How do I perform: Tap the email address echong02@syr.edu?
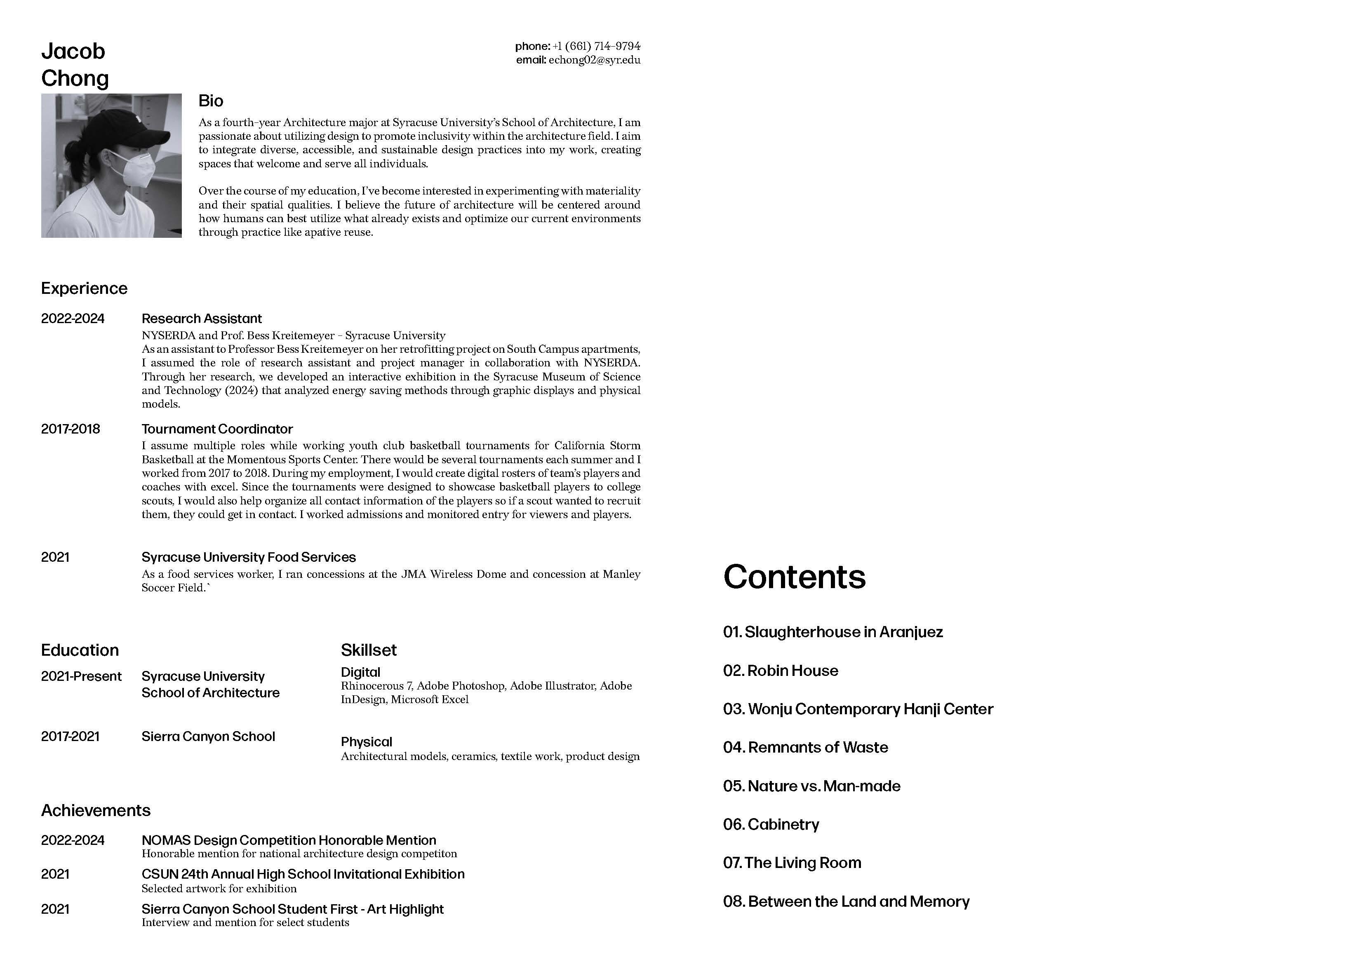pos(594,60)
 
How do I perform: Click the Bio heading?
pos(211,101)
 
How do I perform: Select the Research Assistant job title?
pos(201,319)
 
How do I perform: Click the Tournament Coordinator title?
pos(217,429)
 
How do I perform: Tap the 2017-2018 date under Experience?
pos(70,429)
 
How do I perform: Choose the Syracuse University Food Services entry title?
pos(248,558)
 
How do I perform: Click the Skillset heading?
pos(368,650)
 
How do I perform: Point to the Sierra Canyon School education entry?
pos(208,737)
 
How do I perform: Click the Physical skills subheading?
pos(366,742)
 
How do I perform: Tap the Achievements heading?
pos(96,811)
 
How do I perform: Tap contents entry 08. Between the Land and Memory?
pos(846,902)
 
